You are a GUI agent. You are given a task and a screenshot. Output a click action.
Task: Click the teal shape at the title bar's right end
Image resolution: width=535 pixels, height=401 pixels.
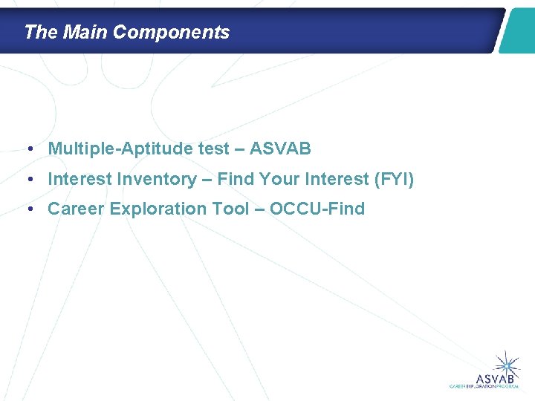coord(517,30)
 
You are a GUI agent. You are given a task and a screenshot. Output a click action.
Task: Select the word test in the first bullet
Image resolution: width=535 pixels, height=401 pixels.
coord(214,149)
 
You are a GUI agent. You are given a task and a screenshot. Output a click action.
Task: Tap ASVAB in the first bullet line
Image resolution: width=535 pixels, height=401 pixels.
coord(280,149)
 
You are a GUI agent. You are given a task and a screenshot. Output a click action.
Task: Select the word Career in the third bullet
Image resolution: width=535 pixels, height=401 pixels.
coord(76,209)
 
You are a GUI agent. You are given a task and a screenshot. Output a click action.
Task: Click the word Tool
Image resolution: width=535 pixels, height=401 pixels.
coord(232,209)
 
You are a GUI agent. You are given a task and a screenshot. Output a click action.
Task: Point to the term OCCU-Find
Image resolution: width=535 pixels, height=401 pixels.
coord(317,209)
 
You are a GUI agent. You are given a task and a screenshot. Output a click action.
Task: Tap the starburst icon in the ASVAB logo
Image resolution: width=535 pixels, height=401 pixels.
coord(508,363)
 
